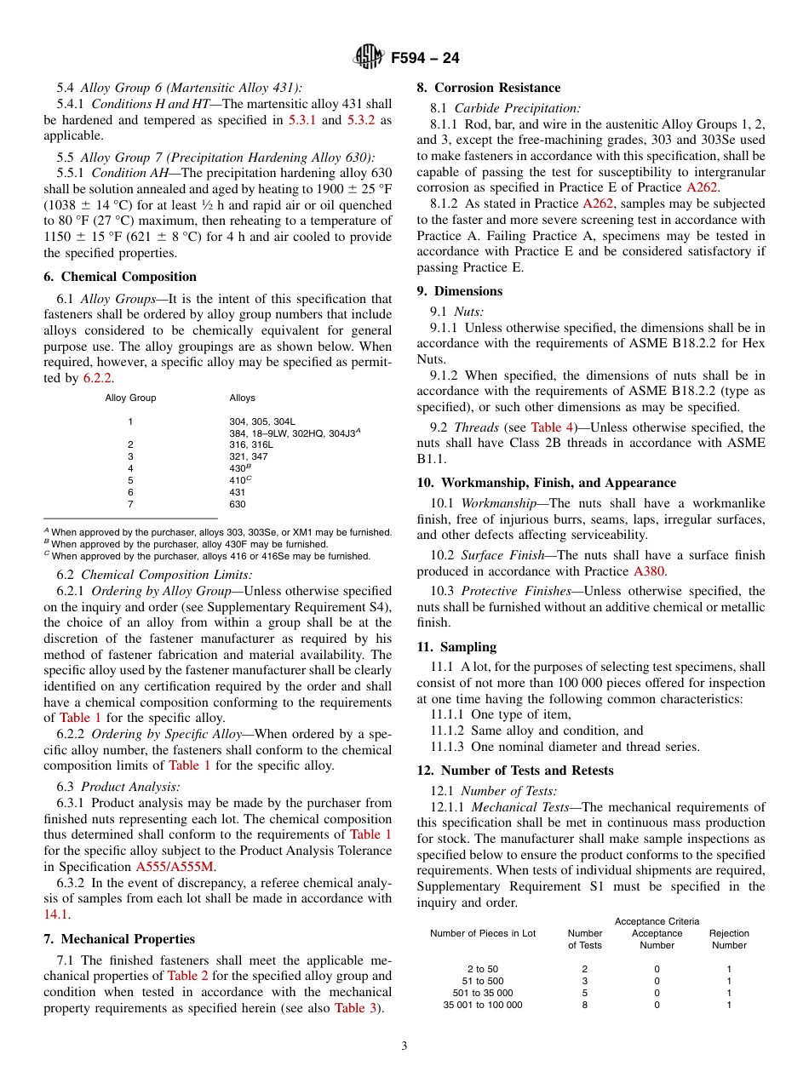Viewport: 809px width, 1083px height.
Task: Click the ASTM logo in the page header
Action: point(369,57)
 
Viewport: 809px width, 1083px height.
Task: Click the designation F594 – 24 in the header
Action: point(425,58)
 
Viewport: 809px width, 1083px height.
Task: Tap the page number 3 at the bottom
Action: point(404,1046)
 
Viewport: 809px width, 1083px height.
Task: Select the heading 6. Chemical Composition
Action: point(120,277)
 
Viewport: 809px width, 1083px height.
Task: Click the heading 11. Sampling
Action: point(456,647)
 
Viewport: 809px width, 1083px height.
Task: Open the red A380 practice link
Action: point(649,571)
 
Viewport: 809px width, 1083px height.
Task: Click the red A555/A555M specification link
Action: point(175,867)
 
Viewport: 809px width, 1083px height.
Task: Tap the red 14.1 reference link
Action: point(55,914)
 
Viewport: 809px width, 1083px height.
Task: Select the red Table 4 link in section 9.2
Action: point(552,427)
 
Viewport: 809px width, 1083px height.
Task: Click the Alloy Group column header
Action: point(130,398)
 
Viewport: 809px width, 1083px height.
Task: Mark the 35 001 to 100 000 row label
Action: point(483,1005)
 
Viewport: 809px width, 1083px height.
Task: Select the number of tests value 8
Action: point(584,1005)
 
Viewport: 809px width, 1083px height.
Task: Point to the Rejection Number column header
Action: point(729,939)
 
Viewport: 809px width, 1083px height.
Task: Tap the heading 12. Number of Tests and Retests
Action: point(514,771)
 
